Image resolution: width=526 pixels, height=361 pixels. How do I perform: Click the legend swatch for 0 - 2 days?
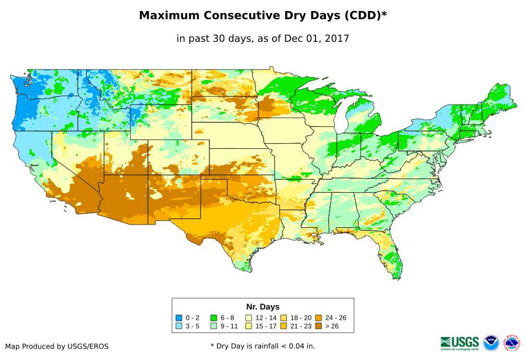pos(179,318)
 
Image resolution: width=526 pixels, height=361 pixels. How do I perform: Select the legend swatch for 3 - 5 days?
pos(179,327)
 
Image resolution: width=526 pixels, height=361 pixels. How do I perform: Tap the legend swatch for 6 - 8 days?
pos(214,318)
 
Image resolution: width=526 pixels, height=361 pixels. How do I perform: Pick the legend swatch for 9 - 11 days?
pos(214,327)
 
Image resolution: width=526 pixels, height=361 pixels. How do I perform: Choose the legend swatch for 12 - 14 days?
pos(249,318)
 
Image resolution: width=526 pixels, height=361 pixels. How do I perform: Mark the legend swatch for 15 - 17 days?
pos(249,327)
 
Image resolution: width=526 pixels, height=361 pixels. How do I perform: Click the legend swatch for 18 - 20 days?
pos(284,318)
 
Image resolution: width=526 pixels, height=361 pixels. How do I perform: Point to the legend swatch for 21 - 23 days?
pos(284,327)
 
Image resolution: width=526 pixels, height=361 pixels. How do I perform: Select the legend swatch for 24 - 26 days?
pos(319,318)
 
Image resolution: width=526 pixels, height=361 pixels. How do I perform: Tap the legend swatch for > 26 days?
pos(319,327)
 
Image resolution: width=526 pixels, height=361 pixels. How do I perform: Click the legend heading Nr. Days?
pos(263,307)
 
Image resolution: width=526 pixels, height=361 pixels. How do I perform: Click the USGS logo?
pos(460,343)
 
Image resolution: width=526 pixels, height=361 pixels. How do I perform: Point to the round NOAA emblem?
pos(491,343)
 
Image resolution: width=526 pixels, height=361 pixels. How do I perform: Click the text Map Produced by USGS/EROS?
pos(57,346)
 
